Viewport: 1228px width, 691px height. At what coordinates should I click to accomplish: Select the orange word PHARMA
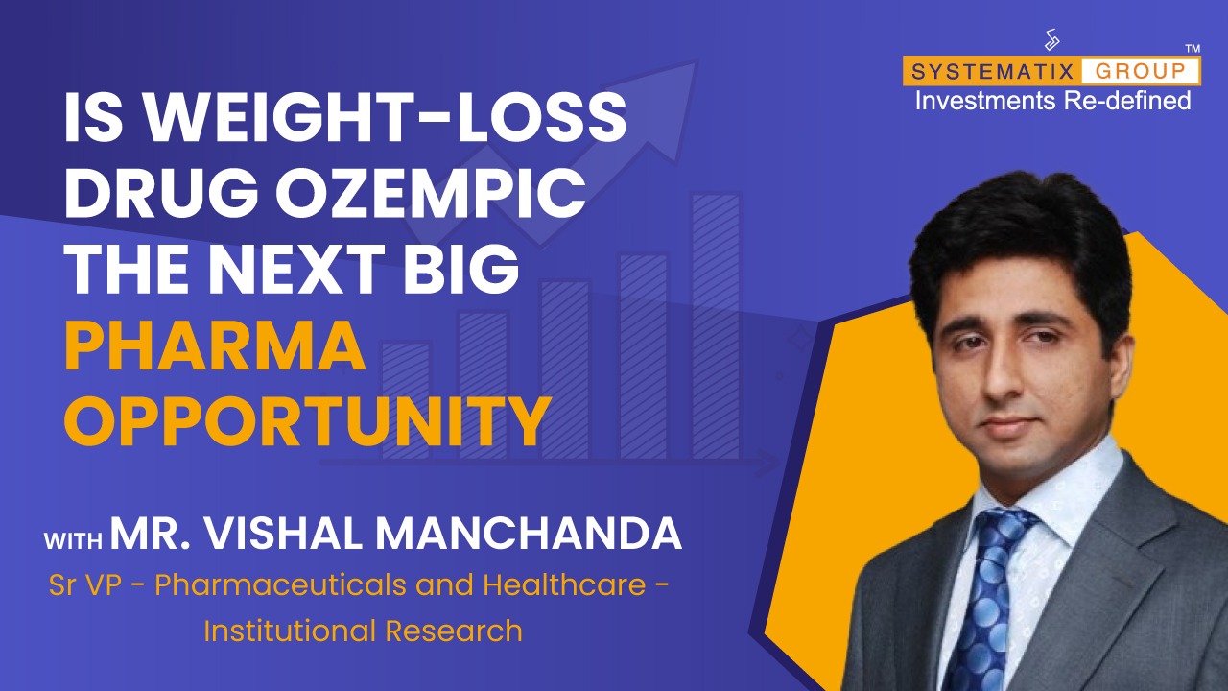(216, 347)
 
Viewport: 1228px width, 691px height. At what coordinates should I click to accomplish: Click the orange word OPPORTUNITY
(308, 422)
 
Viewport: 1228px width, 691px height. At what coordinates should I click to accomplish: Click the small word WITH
(74, 540)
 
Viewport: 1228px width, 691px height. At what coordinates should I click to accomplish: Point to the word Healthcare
(564, 584)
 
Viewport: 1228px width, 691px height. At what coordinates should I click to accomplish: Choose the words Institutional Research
(363, 631)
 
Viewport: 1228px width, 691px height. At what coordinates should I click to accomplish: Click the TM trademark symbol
(1193, 49)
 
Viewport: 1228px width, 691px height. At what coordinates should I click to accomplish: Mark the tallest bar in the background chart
(716, 326)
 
